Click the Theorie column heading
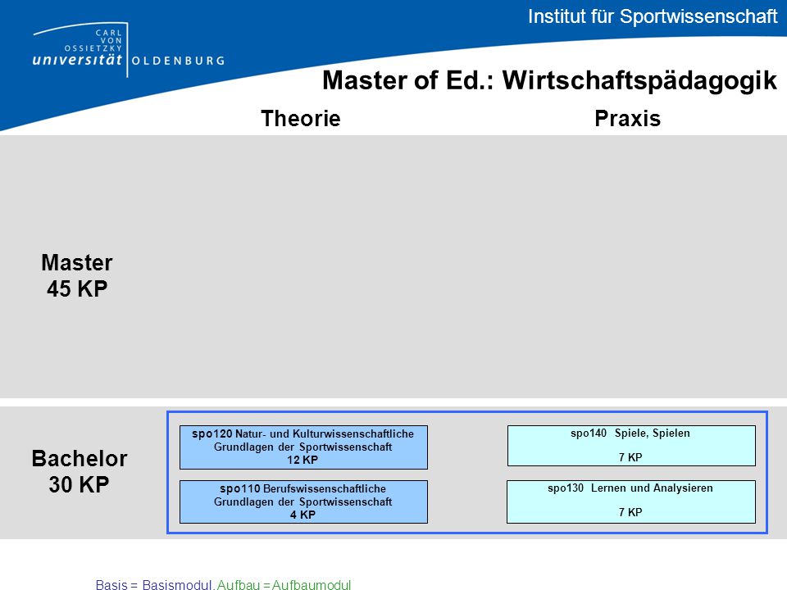pos(301,119)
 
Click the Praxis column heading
pos(627,119)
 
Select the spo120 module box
pos(303,447)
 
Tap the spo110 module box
pos(303,501)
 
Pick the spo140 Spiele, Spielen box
pos(631,446)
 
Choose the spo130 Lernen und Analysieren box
pos(631,501)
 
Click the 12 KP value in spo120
pos(303,460)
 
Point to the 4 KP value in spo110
pos(303,515)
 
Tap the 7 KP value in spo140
pos(630,457)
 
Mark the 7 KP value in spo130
pos(630,512)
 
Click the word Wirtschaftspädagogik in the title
pos(639,81)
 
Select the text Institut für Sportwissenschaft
pos(653,16)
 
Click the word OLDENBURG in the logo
pos(178,61)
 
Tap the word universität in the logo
pos(77,60)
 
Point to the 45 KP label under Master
pos(77,289)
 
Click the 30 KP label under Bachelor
pos(79,484)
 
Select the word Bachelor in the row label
pos(80,459)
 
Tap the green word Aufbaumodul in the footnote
pos(312,584)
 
